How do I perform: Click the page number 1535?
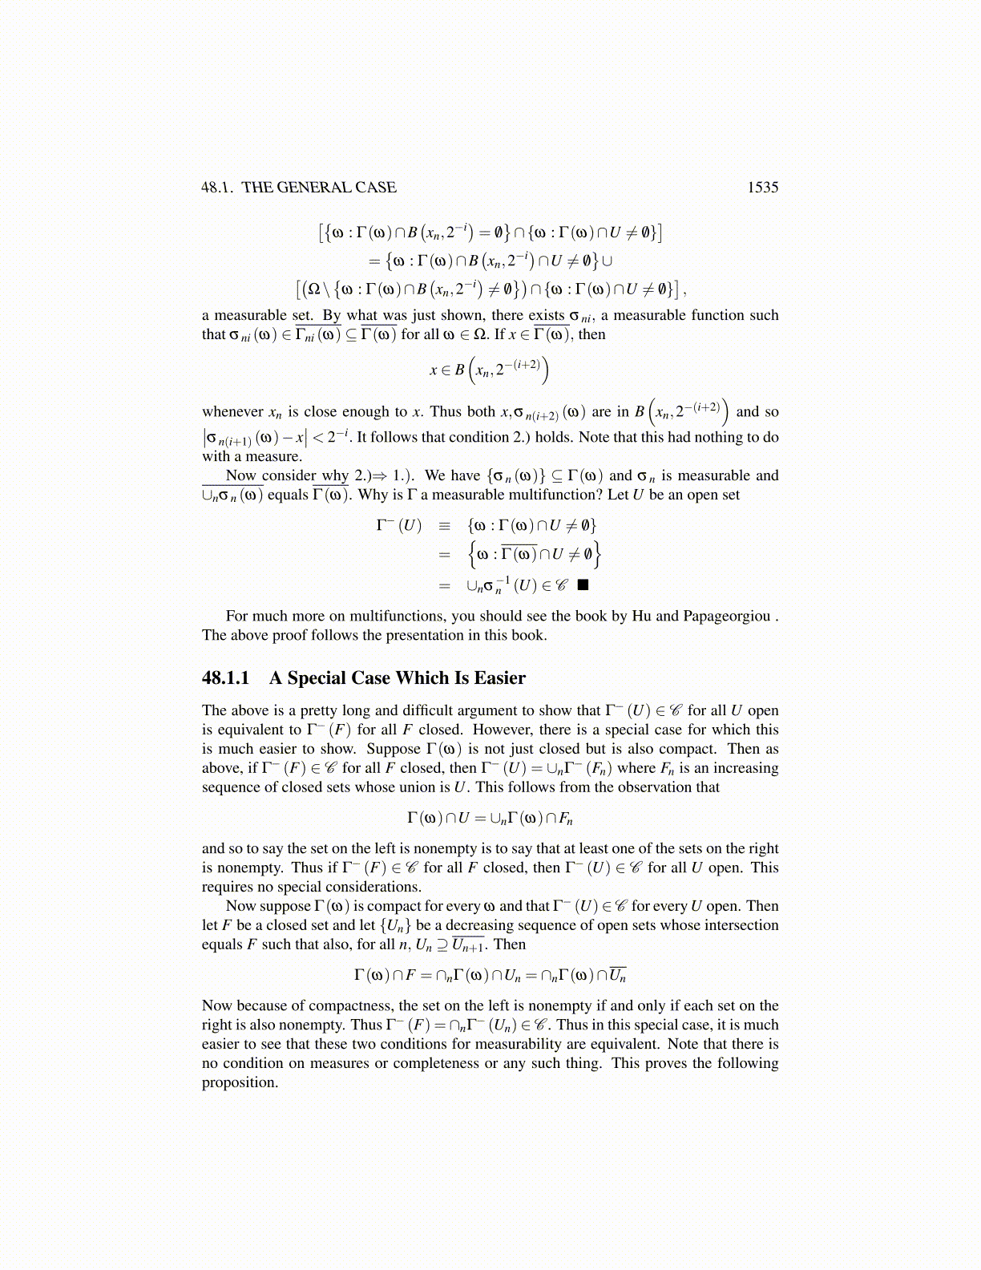762,188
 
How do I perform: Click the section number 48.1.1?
225,678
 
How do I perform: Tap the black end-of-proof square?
583,584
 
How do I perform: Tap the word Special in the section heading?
317,678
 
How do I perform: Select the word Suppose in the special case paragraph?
394,749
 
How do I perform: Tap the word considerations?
373,887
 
